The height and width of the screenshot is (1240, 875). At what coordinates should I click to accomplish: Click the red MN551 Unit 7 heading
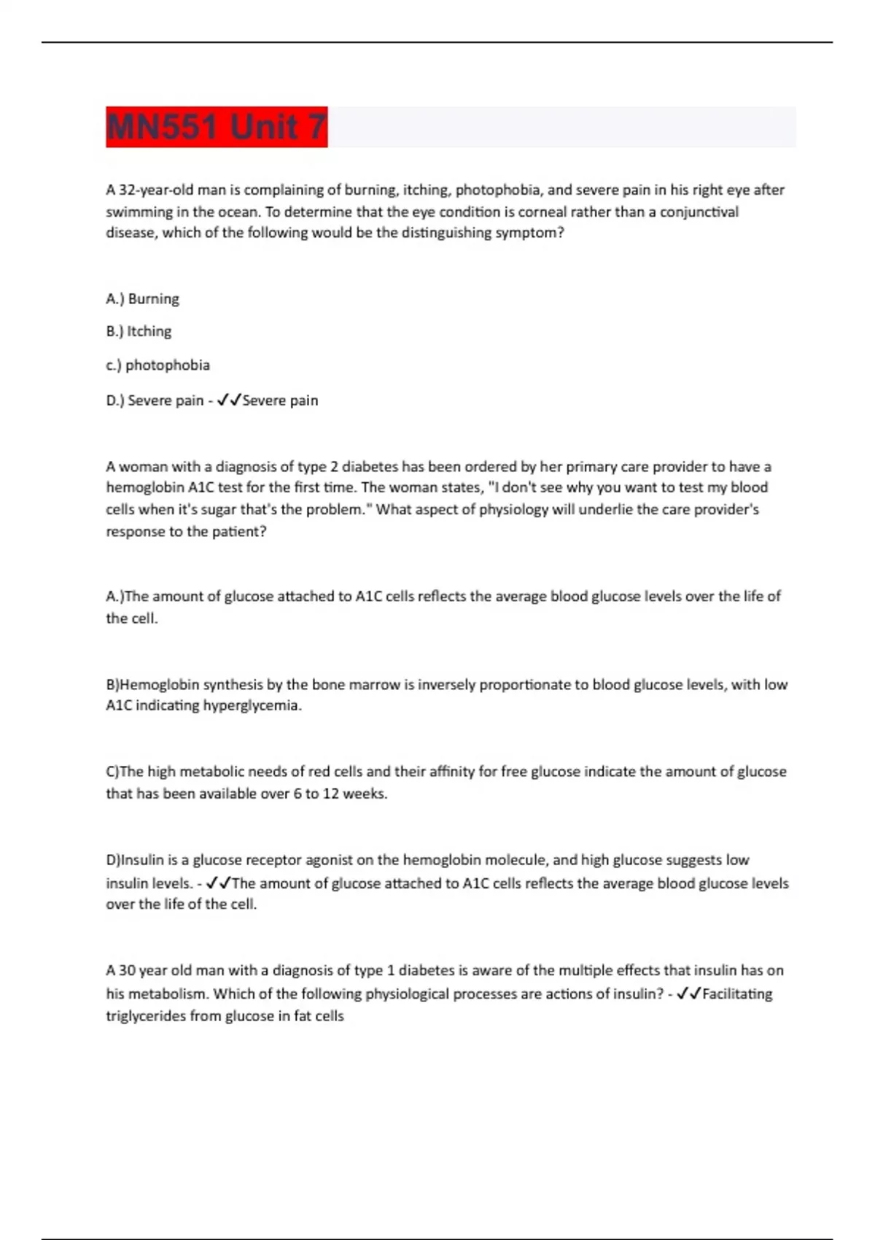tap(217, 127)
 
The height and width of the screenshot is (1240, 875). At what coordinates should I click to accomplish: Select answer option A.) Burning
tap(142, 299)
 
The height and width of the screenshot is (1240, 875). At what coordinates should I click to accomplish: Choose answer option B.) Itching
tap(139, 331)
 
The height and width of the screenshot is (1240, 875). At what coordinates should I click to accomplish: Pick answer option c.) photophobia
tap(157, 365)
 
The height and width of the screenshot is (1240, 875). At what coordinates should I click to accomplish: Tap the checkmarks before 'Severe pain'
tap(229, 400)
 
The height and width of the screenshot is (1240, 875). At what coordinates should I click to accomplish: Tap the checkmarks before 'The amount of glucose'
tap(218, 883)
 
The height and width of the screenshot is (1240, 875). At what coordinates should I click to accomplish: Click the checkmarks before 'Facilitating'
tap(689, 993)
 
